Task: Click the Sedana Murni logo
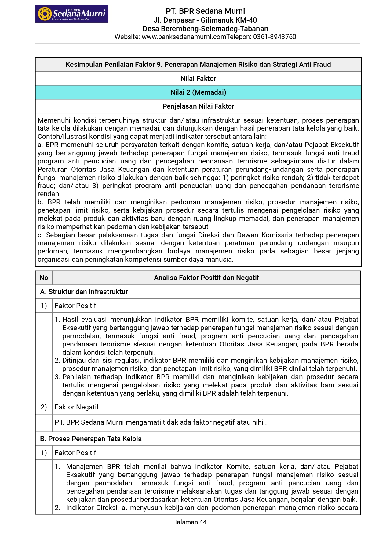(x=71, y=14)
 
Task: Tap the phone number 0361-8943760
(x=275, y=37)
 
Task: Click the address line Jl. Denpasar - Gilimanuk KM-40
(x=205, y=20)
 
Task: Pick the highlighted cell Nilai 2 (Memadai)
(x=198, y=92)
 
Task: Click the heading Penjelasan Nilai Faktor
(x=198, y=106)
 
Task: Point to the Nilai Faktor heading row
(x=198, y=79)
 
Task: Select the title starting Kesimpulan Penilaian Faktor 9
(x=198, y=65)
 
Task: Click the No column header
(x=44, y=278)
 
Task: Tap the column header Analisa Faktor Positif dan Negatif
(x=206, y=278)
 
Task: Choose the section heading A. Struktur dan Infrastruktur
(x=84, y=292)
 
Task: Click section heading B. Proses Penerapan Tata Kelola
(x=91, y=439)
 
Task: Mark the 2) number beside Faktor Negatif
(x=44, y=407)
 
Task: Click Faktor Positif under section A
(x=75, y=306)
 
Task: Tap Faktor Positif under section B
(x=75, y=453)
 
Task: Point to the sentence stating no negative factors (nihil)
(x=161, y=422)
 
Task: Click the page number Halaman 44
(x=189, y=522)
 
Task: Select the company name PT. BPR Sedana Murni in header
(x=205, y=11)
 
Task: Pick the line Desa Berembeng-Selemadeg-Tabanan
(x=205, y=29)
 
